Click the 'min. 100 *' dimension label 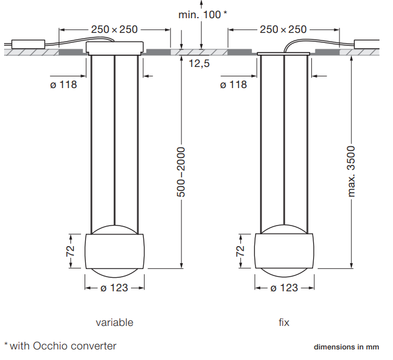(x=203, y=15)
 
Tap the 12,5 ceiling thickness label (x=199, y=63)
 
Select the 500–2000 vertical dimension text (x=181, y=172)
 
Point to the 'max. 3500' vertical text (x=351, y=171)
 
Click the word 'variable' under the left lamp (x=115, y=322)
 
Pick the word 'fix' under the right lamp (x=284, y=322)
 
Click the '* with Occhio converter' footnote (x=61, y=346)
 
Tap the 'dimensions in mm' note (x=347, y=347)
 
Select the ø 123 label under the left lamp (x=115, y=288)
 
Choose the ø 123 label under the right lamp (x=284, y=288)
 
